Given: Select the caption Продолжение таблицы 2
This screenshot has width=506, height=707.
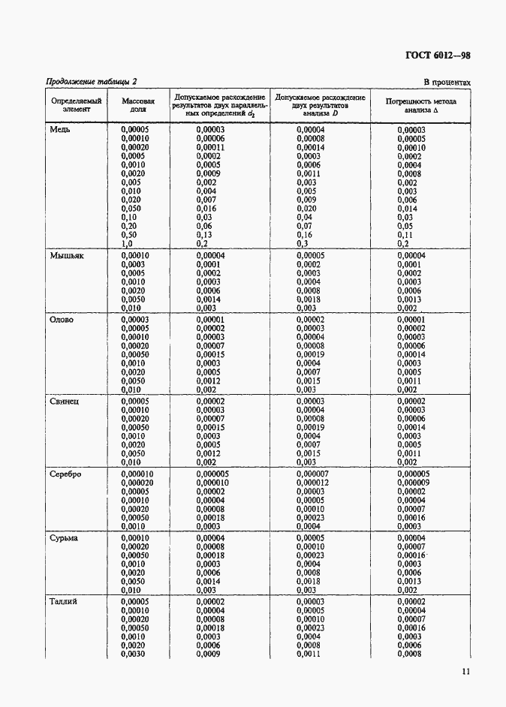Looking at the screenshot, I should click(92, 82).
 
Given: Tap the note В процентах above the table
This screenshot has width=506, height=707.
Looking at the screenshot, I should click(447, 83).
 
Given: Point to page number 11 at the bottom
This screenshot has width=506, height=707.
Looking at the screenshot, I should click(465, 672).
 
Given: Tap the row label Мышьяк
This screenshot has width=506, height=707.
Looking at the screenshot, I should click(67, 256).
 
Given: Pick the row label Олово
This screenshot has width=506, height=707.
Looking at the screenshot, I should click(62, 320).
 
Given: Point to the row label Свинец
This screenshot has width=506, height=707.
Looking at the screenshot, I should click(65, 402).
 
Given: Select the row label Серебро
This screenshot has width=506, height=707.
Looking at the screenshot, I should click(66, 474).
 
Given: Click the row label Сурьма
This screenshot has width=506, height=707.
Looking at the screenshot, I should click(65, 538).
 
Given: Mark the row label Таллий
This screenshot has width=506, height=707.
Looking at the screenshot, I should click(65, 602).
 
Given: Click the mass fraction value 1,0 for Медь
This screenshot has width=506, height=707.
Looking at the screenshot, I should click(127, 244).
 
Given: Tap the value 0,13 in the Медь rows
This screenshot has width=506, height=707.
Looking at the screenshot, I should click(204, 235).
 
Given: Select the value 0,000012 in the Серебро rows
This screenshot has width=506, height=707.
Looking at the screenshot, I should click(312, 483).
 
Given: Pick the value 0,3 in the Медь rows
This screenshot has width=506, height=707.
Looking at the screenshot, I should click(302, 244).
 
